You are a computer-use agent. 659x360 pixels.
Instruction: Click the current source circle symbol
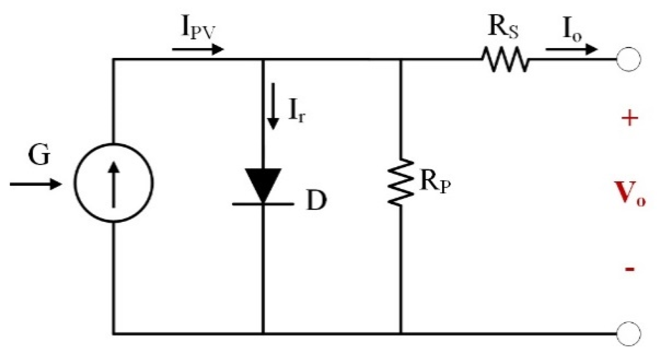click(113, 183)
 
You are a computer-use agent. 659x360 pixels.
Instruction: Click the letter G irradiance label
click(39, 155)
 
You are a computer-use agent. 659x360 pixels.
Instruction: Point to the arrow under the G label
click(36, 184)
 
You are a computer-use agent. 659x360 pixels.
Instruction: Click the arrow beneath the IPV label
click(197, 49)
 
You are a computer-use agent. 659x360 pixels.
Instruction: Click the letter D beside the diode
click(316, 200)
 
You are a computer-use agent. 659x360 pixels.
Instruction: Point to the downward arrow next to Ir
click(273, 106)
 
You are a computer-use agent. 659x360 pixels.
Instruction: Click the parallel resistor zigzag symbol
click(401, 183)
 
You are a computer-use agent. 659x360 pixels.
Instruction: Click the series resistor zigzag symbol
click(505, 59)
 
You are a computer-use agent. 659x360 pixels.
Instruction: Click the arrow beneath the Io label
click(571, 49)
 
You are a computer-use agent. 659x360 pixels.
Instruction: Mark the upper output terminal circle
click(628, 59)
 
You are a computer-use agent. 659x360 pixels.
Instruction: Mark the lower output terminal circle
click(628, 334)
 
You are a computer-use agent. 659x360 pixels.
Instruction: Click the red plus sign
click(630, 118)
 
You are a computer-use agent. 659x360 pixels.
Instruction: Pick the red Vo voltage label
click(630, 194)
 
